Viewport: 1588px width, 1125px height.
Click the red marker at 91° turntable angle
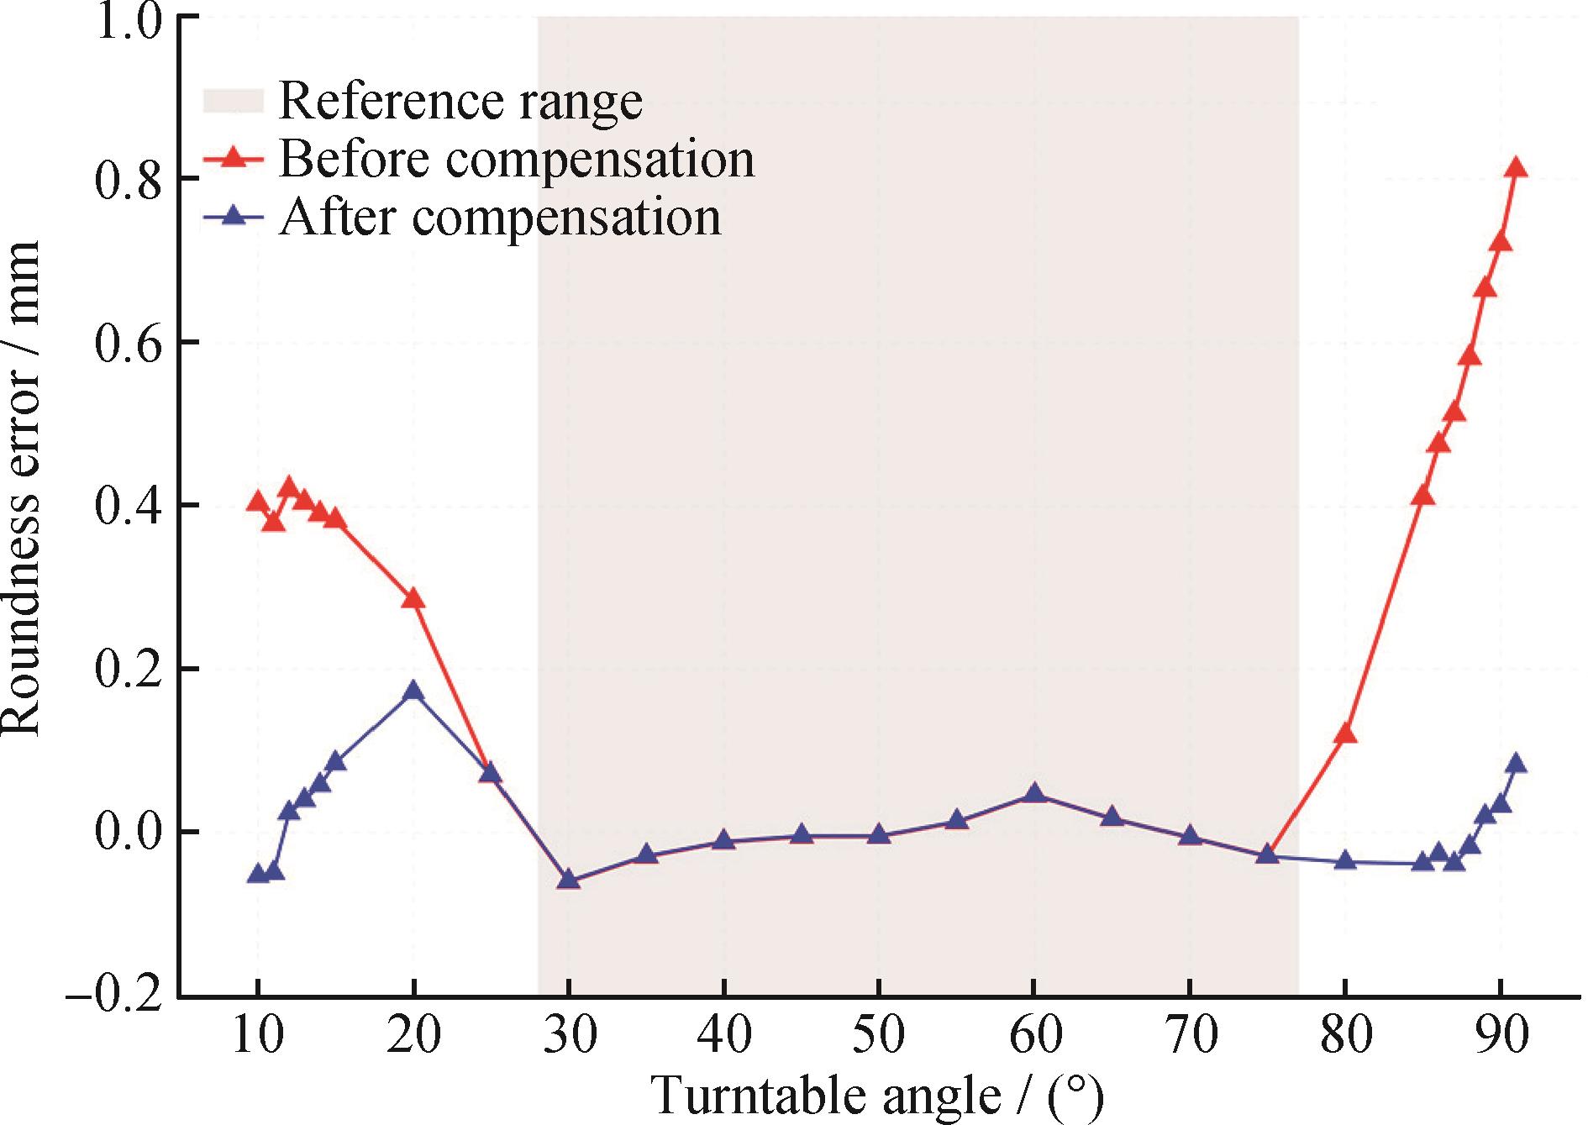point(1516,168)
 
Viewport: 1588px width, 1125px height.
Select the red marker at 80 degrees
point(1345,733)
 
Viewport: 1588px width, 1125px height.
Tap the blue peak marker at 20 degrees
point(413,691)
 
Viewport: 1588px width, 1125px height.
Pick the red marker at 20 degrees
point(413,598)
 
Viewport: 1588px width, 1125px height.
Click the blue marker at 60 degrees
point(1034,794)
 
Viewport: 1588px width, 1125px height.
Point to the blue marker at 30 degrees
point(568,880)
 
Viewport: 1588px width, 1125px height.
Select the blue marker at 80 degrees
point(1345,860)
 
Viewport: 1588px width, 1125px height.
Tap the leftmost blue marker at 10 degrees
point(257,874)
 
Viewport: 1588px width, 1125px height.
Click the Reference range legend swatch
point(233,101)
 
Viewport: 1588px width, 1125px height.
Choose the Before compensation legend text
point(516,159)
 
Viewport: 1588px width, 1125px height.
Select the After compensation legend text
point(499,217)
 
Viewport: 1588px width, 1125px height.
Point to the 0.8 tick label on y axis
point(128,180)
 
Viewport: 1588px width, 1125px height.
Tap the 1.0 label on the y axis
point(128,18)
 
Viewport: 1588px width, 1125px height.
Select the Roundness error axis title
point(22,487)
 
